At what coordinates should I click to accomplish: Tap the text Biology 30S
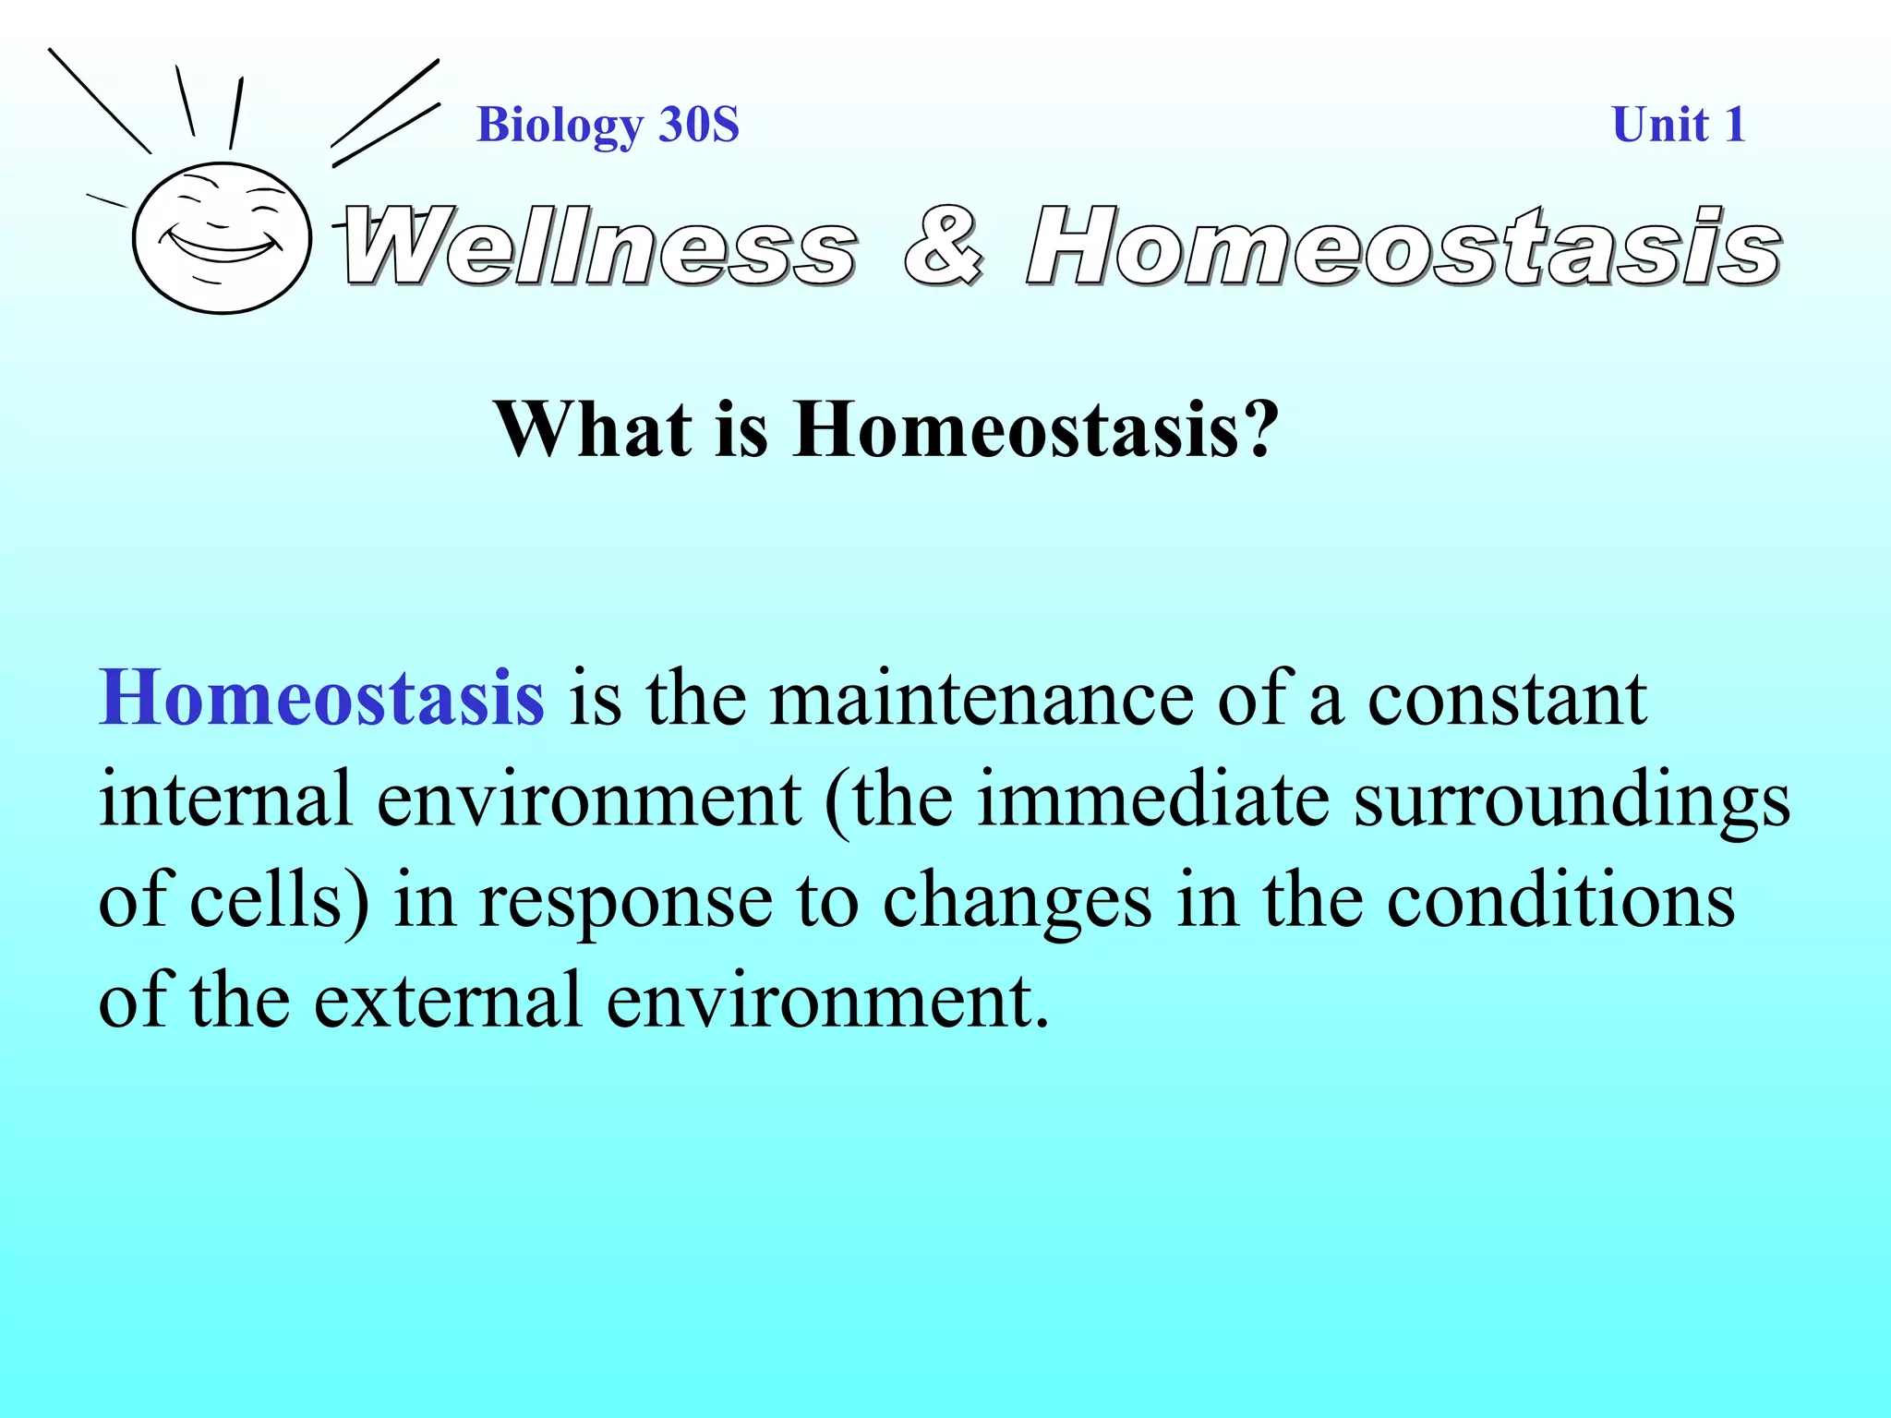point(608,125)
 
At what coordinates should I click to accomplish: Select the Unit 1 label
point(1678,125)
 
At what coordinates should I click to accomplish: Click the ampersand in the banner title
point(943,246)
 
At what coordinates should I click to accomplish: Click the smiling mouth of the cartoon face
point(224,247)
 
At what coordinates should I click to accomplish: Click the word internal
point(226,799)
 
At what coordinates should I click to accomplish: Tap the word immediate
point(1152,799)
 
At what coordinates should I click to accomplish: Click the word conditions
point(1560,901)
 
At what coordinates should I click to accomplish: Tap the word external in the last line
point(449,1002)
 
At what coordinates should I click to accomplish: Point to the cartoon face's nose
point(218,223)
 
